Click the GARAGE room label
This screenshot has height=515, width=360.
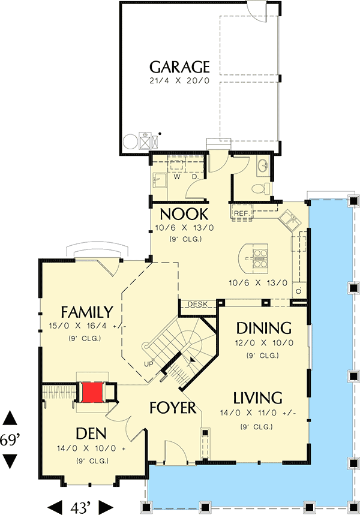coord(179,66)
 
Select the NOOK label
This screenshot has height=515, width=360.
coord(184,214)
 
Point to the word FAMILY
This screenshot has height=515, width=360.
coord(87,312)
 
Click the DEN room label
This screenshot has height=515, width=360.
coord(92,433)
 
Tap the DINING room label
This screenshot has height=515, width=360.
coord(263,328)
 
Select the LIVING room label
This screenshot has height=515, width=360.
coord(258,397)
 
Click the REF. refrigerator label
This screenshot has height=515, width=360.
coord(241,213)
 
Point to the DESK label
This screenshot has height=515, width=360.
coord(197,305)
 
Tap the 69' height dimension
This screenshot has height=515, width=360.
coord(11,440)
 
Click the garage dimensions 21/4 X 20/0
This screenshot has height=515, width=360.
coord(179,81)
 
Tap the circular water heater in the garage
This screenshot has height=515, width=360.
coord(130,142)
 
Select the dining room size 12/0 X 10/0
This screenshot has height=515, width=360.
coord(264,344)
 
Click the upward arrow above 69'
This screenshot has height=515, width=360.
coord(11,418)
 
